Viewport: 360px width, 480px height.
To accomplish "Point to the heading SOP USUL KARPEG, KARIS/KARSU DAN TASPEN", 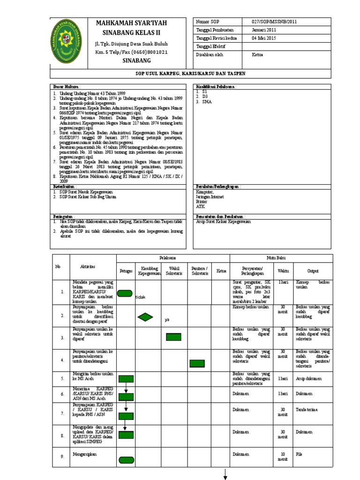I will coord(191,74).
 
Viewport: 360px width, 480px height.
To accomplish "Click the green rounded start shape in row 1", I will coord(125,294).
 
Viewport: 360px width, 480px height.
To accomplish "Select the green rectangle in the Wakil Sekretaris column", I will coord(173,337).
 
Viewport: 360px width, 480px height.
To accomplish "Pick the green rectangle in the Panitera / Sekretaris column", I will coord(197,363).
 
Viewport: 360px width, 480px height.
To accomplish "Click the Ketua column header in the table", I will coord(221,271).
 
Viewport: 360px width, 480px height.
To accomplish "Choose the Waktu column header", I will coord(283,271).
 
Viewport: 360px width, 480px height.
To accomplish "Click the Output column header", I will coord(313,271).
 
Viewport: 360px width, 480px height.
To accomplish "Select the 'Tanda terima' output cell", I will coord(306,409).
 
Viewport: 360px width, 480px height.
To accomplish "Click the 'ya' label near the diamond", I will coord(166,320).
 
